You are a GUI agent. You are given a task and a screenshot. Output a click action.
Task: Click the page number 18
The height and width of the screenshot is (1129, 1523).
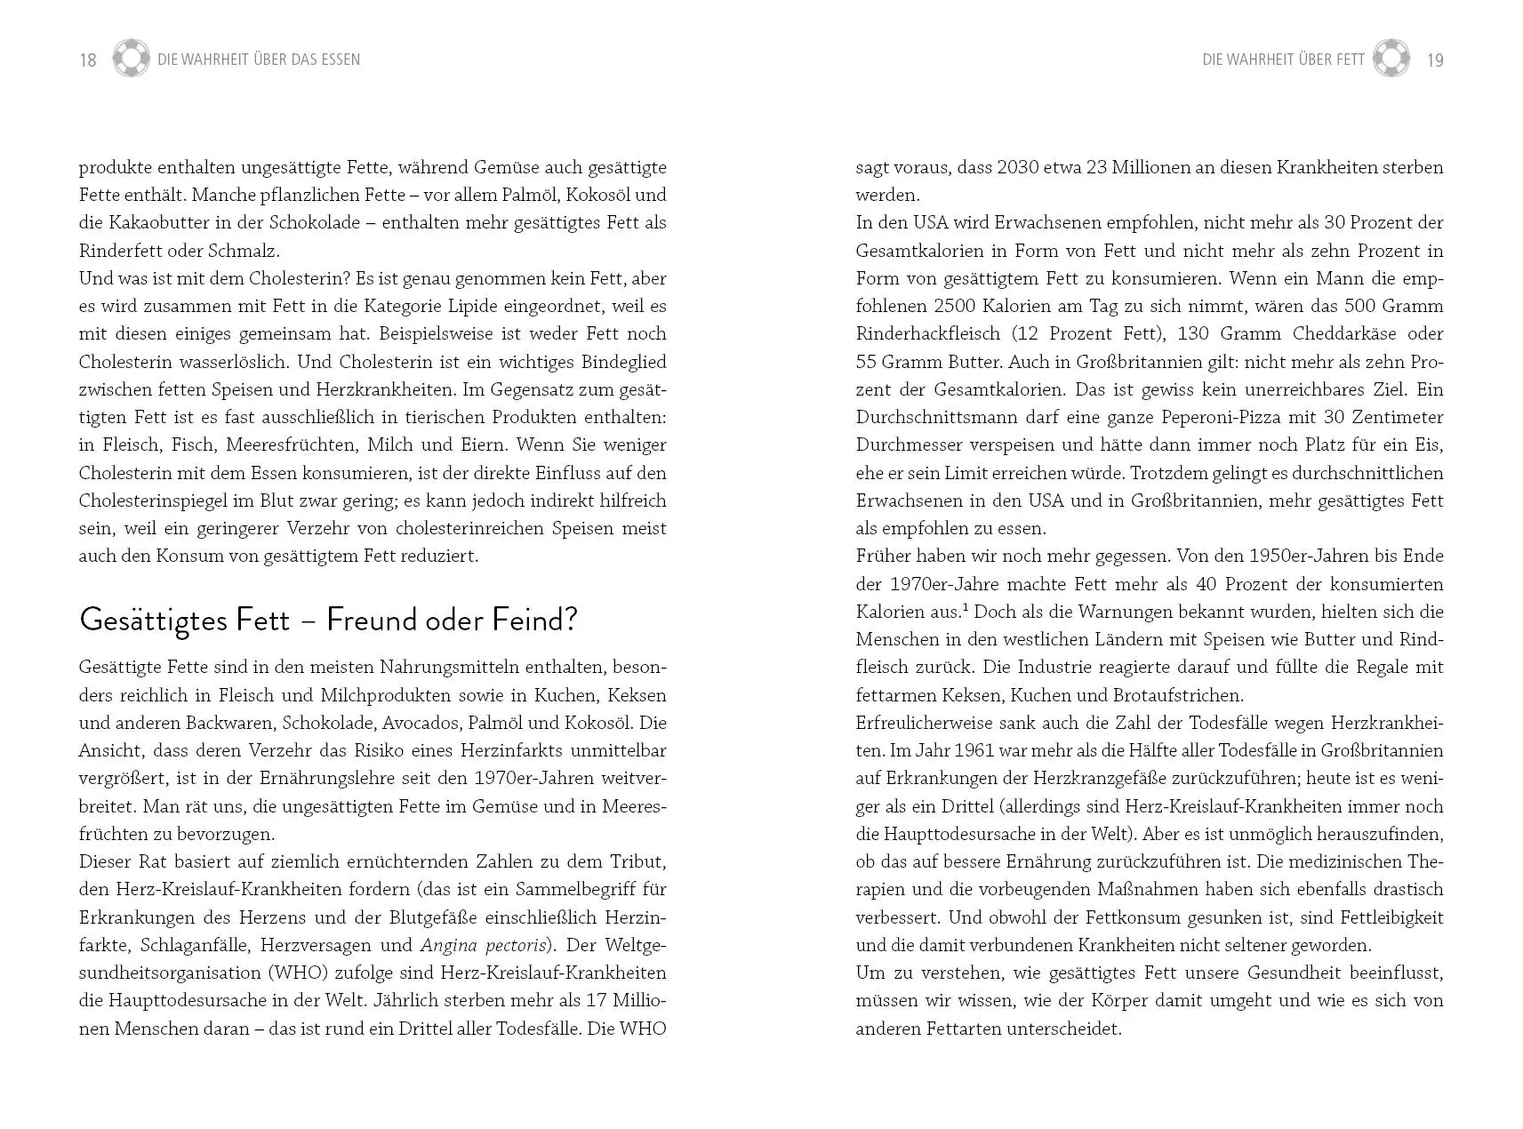[87, 60]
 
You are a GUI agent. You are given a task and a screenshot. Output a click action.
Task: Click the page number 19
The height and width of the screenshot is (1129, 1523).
[1434, 60]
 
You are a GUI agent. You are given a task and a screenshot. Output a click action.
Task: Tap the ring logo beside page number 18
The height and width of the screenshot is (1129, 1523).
[132, 59]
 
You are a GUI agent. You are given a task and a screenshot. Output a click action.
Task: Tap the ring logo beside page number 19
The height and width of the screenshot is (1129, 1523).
[1391, 59]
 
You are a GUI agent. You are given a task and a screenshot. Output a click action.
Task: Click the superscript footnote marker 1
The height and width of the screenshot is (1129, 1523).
[966, 607]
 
